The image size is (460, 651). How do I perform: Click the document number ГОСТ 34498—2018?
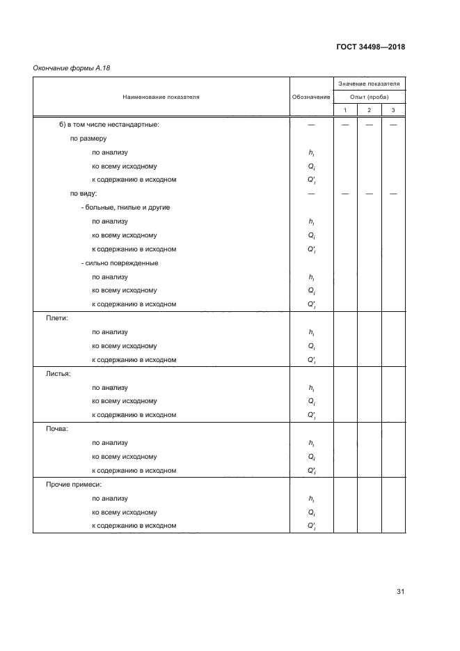point(371,47)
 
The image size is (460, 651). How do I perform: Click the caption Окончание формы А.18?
point(72,68)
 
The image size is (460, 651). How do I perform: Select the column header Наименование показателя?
point(161,97)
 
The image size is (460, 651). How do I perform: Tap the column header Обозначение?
point(311,97)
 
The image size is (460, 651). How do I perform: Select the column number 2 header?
point(370,111)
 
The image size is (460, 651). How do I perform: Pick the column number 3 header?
point(393,111)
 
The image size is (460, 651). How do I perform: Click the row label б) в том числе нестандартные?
point(109,125)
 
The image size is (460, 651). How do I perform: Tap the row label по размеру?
point(88,139)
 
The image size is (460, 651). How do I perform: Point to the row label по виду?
point(84,194)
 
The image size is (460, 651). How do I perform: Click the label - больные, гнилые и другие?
point(126,207)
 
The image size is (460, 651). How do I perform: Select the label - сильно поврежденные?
point(120,263)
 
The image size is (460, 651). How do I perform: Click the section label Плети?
point(57,318)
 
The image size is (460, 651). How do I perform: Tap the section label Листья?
point(58,374)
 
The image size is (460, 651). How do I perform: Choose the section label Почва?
point(57,429)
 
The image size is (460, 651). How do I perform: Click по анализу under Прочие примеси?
point(110,499)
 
